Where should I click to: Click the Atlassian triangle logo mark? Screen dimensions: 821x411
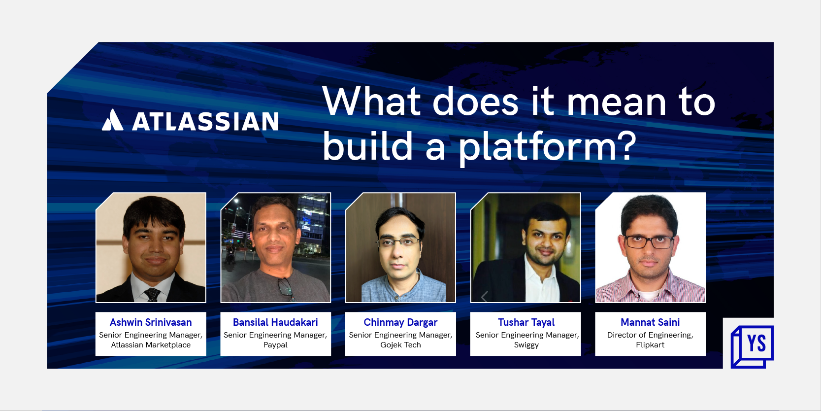[x=112, y=120]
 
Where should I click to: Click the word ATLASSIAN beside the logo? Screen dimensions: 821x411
[x=205, y=121]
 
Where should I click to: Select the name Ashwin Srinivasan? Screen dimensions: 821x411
[x=151, y=322]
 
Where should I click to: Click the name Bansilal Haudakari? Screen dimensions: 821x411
[x=275, y=322]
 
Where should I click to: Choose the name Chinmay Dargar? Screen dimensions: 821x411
[x=400, y=322]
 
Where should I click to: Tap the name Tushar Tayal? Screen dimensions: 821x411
[x=526, y=322]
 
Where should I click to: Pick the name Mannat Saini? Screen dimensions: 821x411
[x=650, y=322]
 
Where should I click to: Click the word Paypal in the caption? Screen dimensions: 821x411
[x=275, y=345]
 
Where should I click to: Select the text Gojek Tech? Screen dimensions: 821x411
[x=400, y=345]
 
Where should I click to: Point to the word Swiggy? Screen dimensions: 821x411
[x=526, y=345]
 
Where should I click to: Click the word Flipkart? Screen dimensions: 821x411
[x=650, y=345]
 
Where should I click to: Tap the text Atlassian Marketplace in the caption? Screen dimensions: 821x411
[x=151, y=345]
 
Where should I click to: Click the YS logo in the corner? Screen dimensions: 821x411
[x=752, y=346]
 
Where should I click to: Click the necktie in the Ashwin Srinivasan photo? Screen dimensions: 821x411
[x=152, y=295]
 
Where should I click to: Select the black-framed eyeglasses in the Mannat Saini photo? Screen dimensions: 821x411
[x=649, y=242]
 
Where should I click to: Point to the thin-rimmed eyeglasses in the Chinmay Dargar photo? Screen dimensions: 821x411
[x=398, y=242]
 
